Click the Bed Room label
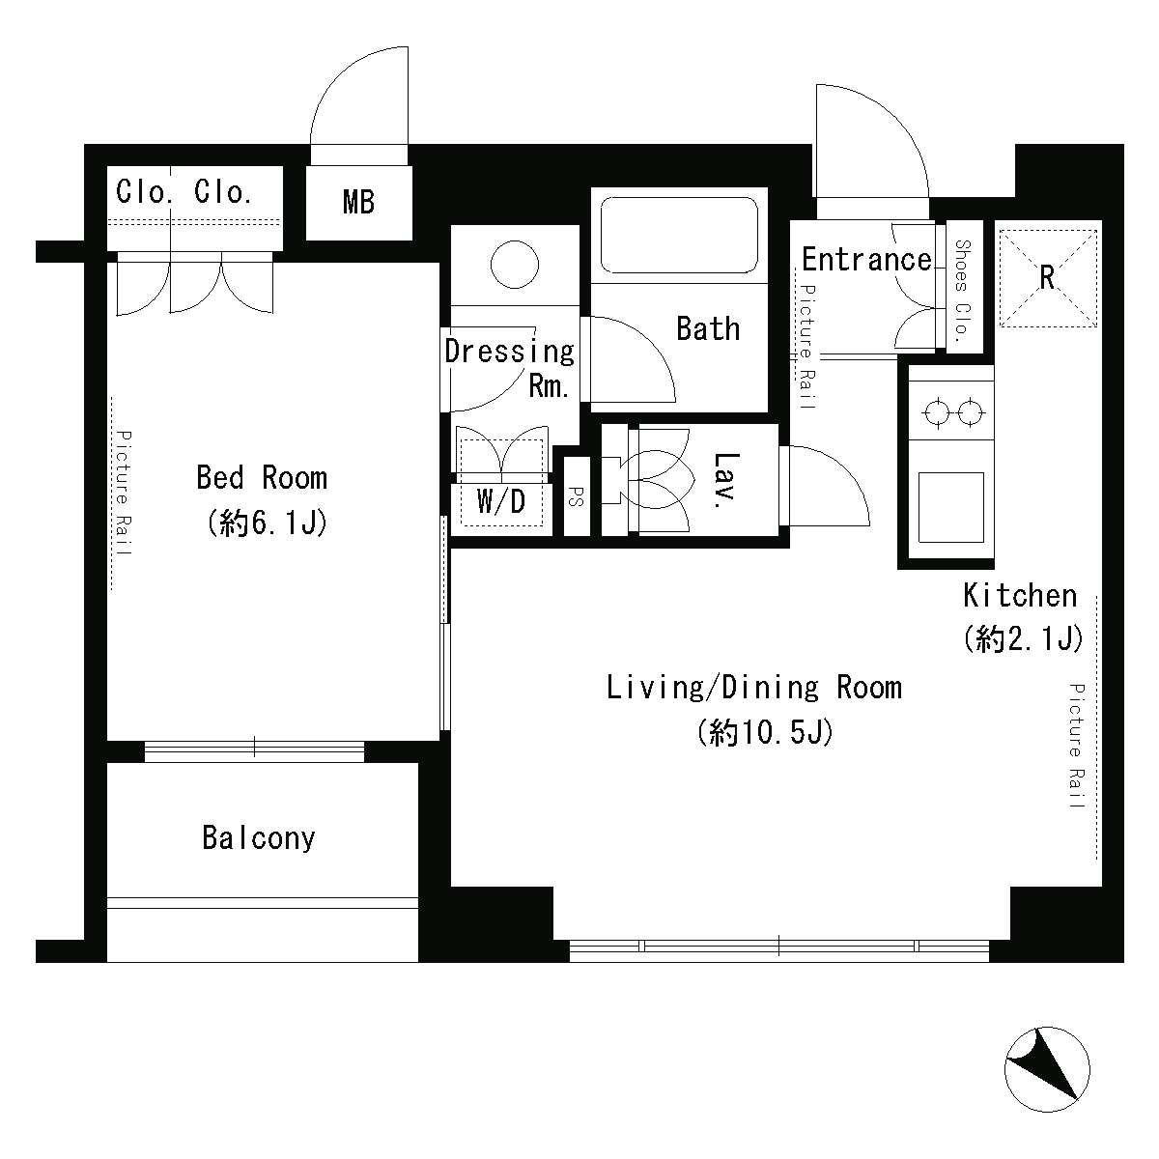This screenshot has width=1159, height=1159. (262, 477)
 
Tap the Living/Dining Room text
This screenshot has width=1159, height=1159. (753, 688)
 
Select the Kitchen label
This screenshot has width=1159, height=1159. (1020, 595)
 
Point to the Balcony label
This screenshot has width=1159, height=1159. (259, 836)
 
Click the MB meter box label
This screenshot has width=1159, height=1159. (358, 203)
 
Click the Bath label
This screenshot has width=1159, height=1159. (708, 328)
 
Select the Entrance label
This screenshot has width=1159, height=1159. (866, 259)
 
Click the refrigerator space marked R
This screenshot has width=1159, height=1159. (1047, 277)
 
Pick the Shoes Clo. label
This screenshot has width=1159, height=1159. (962, 291)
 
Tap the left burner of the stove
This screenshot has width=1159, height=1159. (935, 413)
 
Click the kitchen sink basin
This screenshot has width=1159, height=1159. (950, 506)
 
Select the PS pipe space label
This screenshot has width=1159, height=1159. (576, 495)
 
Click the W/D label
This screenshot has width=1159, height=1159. (502, 501)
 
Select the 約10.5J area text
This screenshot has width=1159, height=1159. (764, 734)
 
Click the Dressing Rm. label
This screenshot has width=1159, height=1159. (510, 367)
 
